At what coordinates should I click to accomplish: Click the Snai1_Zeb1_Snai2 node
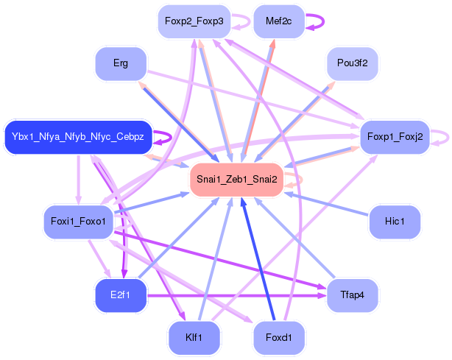point(236,180)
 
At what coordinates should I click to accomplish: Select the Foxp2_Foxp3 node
point(194,21)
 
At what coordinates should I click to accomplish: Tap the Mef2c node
point(278,21)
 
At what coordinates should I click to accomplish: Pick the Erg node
point(121,63)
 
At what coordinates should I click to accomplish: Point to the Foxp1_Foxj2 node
point(395,137)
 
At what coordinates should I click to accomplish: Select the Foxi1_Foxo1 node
point(78,221)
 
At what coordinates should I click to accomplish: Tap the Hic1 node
point(394,221)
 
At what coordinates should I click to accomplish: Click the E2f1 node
point(121,295)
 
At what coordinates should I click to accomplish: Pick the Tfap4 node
point(352,295)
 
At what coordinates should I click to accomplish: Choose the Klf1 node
point(194,338)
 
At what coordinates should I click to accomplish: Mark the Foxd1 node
point(278,338)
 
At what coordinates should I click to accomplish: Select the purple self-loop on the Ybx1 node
point(169,136)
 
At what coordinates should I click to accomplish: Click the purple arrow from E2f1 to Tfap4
point(236,295)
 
